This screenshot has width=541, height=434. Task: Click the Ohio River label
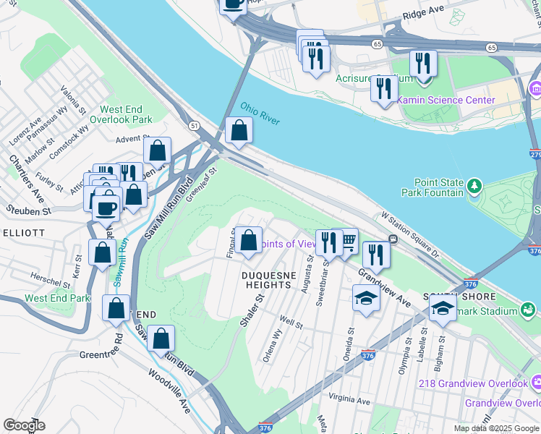click(260, 113)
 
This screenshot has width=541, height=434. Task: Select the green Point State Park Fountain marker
click(474, 187)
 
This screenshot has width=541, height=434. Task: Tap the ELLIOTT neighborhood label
click(23, 233)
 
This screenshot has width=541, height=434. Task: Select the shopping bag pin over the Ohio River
click(239, 132)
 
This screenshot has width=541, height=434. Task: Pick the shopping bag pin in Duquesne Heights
click(248, 241)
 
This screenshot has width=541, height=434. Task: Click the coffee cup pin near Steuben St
click(106, 208)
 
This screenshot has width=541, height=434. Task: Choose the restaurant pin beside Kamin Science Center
click(383, 89)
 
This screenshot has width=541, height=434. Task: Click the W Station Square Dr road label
click(411, 235)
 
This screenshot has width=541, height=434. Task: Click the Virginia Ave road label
click(349, 400)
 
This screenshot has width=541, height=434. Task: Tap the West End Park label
click(57, 298)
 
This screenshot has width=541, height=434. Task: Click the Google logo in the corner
click(24, 425)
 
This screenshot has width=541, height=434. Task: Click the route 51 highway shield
click(195, 125)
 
